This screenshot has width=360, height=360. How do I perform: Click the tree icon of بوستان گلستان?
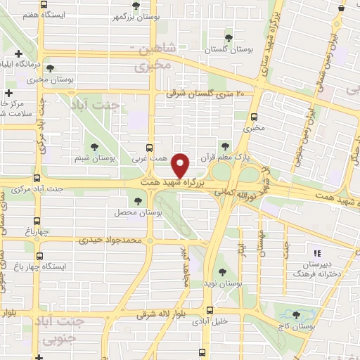coord(227,37)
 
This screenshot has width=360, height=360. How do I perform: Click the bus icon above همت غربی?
coord(148,148)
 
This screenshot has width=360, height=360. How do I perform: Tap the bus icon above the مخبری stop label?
coord(253,117)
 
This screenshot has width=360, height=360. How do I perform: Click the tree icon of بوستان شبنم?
coord(94,146)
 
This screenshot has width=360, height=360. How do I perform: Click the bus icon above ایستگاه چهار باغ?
coord(39,257)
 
